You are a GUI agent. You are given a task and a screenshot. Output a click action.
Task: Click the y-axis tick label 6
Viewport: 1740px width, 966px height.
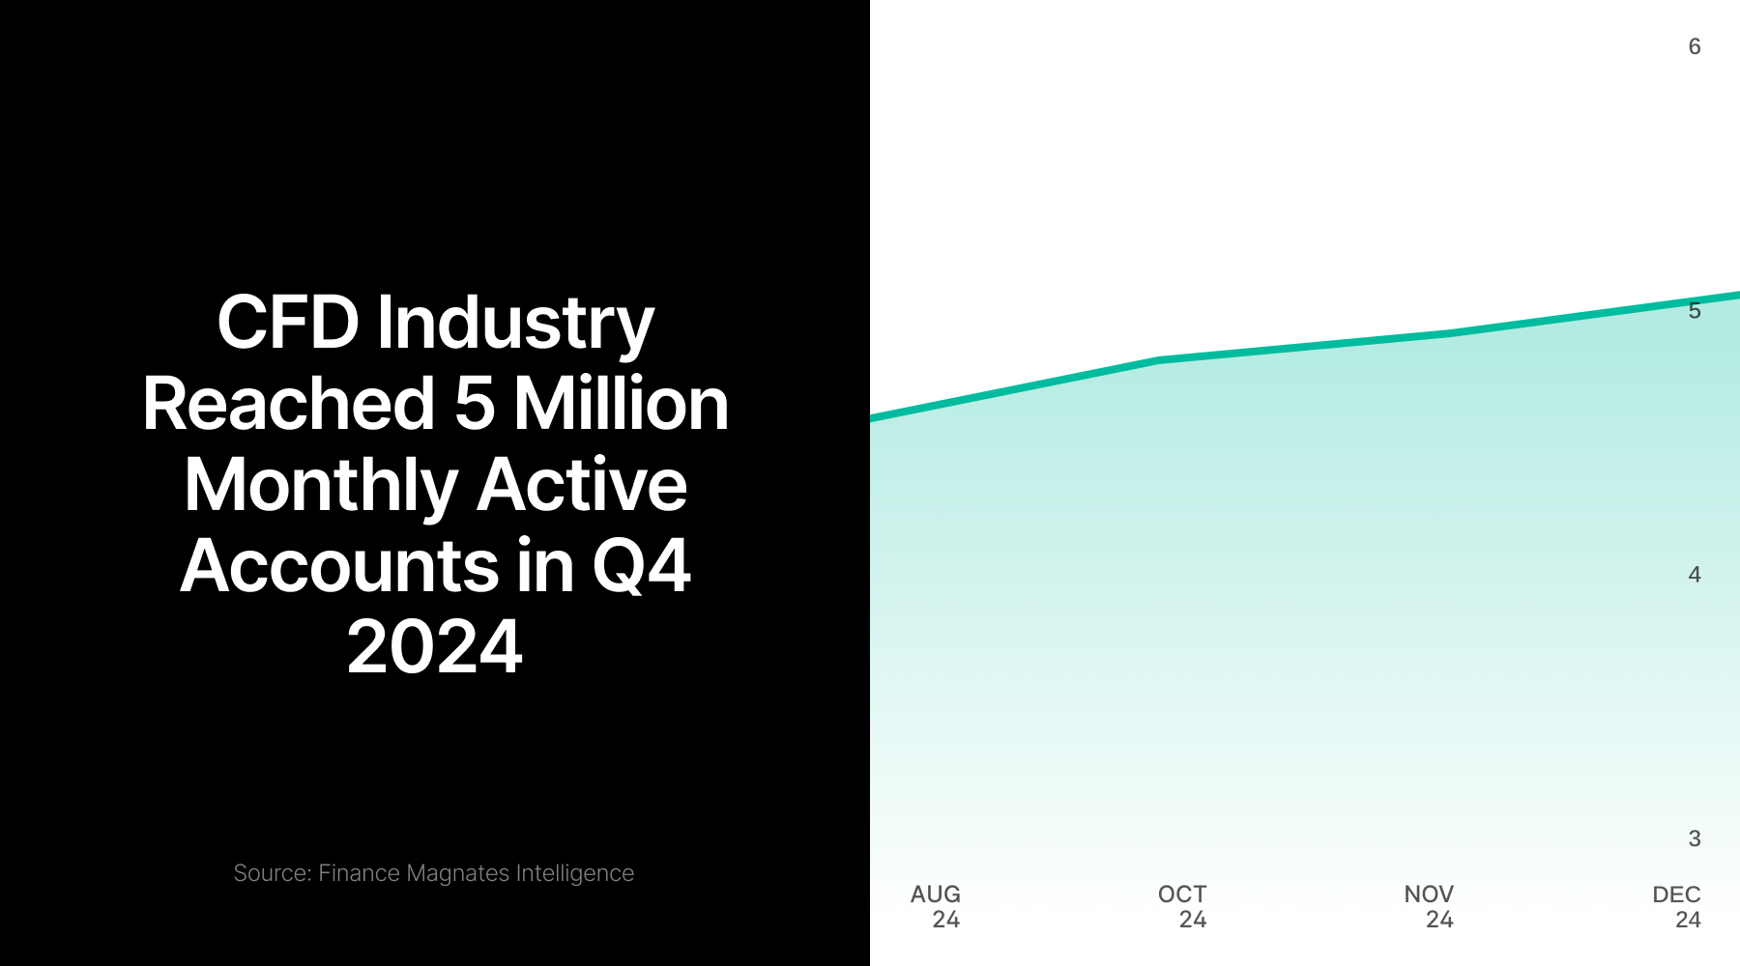1694,46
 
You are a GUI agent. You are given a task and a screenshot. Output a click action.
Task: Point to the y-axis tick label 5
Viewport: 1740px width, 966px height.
1694,310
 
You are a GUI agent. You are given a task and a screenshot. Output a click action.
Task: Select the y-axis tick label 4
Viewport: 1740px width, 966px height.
1694,575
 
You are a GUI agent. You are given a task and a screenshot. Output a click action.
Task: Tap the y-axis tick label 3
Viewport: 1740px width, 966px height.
1694,838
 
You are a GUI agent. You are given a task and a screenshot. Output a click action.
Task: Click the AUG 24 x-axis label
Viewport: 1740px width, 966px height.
936,906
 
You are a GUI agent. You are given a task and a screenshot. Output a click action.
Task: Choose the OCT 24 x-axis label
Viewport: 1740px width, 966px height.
1182,906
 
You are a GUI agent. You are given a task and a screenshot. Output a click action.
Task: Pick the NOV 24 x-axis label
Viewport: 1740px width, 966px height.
1429,906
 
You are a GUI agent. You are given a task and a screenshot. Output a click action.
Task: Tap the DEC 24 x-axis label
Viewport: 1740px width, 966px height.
1676,906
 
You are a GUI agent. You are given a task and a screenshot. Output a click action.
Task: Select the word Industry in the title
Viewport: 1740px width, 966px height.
515,324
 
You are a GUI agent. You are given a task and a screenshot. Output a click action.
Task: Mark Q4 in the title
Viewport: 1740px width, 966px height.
641,568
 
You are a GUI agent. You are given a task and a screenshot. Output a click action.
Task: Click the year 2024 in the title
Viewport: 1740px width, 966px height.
435,647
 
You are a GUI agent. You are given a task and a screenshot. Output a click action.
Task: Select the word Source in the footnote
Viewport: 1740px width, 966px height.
272,873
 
